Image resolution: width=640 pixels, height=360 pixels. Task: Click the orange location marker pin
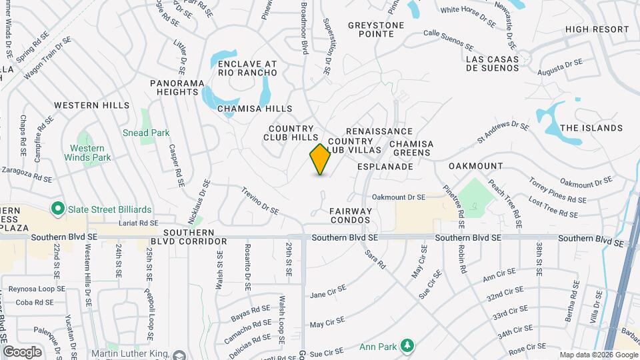click(321, 159)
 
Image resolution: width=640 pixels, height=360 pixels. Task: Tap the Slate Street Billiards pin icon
click(57, 209)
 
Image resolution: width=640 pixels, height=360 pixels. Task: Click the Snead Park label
click(146, 133)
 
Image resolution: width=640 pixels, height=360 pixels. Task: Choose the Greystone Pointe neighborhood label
click(376, 29)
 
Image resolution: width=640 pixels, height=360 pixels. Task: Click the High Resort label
click(597, 29)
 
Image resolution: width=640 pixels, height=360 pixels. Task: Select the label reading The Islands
click(591, 128)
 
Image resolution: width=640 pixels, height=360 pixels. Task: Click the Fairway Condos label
click(350, 215)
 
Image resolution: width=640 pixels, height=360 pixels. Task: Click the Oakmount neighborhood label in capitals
click(475, 165)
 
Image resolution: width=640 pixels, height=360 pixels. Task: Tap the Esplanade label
click(385, 166)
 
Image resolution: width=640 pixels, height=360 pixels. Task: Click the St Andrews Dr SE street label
click(503, 133)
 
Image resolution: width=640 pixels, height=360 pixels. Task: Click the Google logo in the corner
click(22, 351)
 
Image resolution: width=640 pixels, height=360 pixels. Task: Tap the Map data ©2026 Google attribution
click(598, 355)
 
